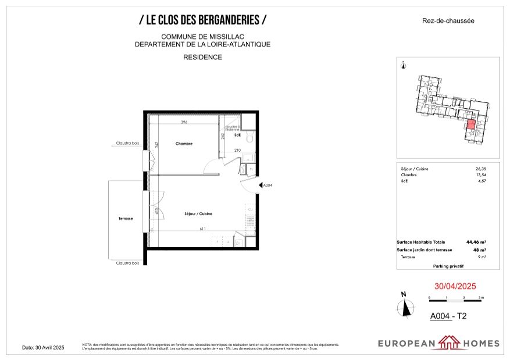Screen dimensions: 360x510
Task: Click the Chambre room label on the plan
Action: (184, 144)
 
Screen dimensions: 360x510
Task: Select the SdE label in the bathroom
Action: (237, 135)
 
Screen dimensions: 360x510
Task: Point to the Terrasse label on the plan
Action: (126, 219)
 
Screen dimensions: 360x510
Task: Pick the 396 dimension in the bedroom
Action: (184, 123)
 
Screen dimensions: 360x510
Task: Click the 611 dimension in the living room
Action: (203, 229)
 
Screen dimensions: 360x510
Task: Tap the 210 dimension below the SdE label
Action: (237, 151)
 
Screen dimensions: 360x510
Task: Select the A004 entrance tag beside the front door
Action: (268, 186)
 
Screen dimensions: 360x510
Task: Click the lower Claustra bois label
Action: (127, 263)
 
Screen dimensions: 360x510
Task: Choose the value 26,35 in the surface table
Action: (480, 169)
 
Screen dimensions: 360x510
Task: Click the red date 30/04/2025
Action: (455, 287)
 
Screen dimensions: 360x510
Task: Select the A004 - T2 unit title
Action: (448, 317)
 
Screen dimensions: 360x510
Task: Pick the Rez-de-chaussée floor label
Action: (448, 21)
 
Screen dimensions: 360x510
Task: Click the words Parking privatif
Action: (448, 266)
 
